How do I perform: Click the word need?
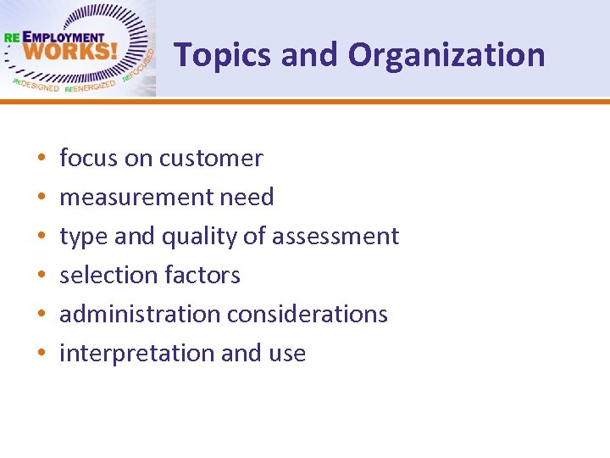(x=247, y=198)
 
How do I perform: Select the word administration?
(x=140, y=315)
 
